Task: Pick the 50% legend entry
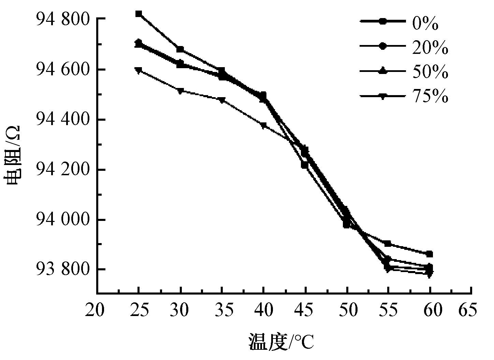point(404,71)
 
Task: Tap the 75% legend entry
point(404,96)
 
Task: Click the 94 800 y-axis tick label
point(63,19)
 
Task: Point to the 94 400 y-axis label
point(63,119)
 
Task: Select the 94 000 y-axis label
point(63,220)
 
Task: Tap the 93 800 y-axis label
point(63,269)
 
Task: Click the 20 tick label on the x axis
point(95,310)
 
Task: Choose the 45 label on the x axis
point(304,310)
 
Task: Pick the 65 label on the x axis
point(468,310)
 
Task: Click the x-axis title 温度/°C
point(281,341)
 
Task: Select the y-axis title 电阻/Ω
point(12,155)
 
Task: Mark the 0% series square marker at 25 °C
point(139,14)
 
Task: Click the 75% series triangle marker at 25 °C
point(139,71)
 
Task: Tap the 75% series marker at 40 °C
point(263,125)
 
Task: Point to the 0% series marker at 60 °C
point(430,254)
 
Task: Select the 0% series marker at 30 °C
point(180,49)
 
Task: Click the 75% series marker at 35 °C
point(222,100)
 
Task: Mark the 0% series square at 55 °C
point(388,244)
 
